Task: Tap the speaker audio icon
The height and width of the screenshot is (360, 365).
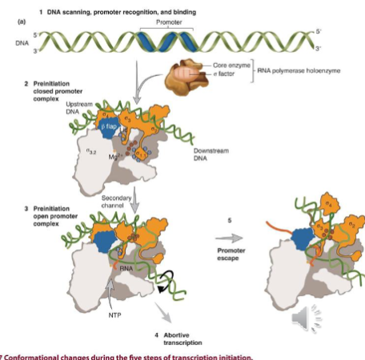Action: coord(304,319)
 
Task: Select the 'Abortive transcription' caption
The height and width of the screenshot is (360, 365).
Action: coord(182,337)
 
